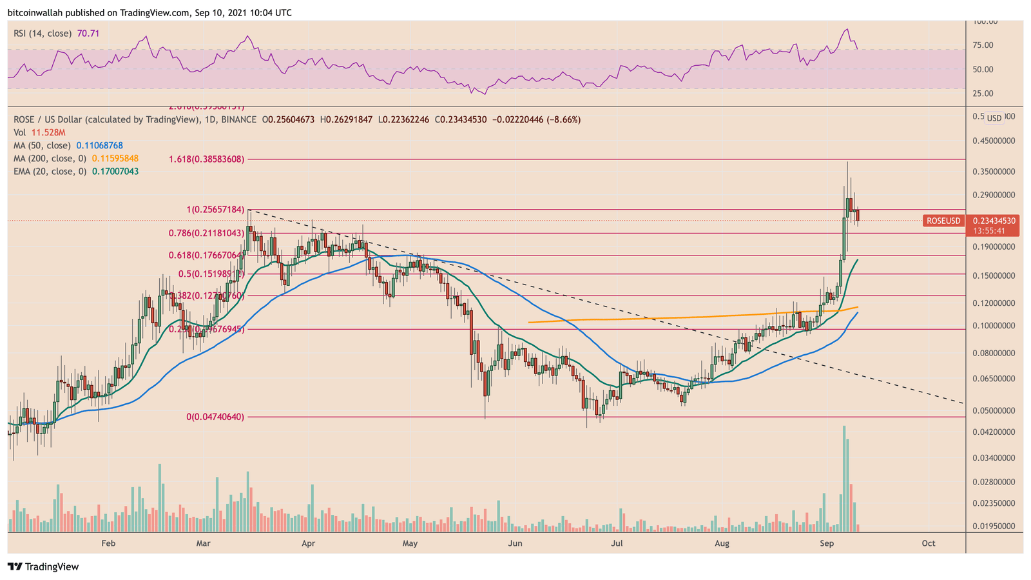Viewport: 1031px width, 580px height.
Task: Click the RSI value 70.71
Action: point(88,33)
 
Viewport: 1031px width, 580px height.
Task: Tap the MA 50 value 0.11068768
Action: point(99,146)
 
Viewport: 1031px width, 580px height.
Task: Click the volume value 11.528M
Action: point(44,133)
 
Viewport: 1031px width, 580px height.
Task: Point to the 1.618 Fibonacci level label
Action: point(207,159)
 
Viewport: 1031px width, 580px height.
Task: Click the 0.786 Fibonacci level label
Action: point(207,233)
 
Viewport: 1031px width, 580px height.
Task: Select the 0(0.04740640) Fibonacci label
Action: point(215,417)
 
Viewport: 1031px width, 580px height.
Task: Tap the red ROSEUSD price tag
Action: point(943,221)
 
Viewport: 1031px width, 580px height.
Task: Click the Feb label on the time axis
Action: point(108,543)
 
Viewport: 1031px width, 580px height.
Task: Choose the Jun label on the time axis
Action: point(515,543)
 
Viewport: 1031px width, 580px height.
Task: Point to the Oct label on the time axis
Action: point(929,543)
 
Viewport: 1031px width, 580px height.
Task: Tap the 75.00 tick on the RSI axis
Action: point(983,45)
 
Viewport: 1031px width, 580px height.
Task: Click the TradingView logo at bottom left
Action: point(43,567)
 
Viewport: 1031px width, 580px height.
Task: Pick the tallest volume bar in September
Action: point(843,479)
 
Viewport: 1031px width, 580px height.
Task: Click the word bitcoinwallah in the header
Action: point(33,13)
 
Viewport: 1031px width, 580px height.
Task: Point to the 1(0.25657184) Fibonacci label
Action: point(215,210)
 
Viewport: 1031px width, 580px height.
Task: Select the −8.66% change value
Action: point(563,120)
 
